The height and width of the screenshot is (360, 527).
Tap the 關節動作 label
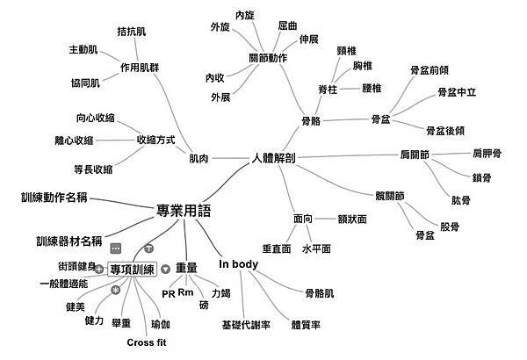(268, 58)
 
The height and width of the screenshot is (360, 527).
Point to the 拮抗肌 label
(131, 32)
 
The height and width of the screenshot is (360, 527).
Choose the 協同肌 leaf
(84, 83)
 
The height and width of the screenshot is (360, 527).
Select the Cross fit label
(152, 342)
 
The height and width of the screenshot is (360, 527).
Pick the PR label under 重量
(170, 293)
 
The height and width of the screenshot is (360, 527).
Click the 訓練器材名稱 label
(69, 241)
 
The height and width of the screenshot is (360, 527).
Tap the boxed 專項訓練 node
(132, 270)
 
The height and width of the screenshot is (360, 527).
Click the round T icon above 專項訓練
(148, 249)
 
